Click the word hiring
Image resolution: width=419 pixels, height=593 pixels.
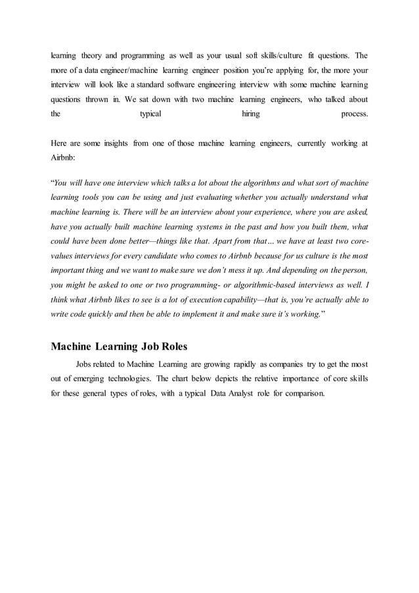(x=250, y=114)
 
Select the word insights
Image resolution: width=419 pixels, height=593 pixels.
(x=112, y=144)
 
